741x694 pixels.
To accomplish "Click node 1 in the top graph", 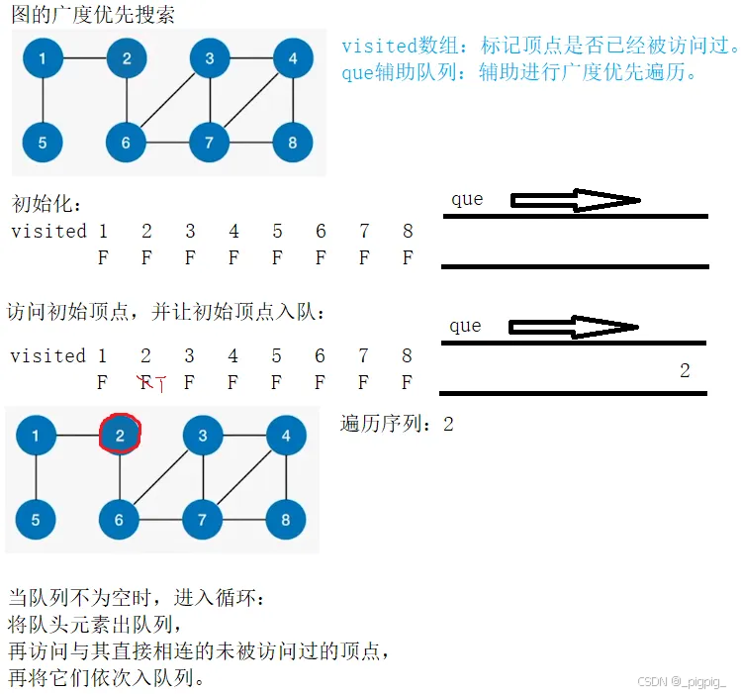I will click(43, 59).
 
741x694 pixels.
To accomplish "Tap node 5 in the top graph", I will click(43, 143).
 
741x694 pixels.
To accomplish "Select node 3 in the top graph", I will click(210, 59).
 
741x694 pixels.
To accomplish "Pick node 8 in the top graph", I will click(293, 143).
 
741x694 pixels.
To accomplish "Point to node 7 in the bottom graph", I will click(203, 519).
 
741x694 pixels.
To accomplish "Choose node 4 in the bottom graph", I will click(286, 436).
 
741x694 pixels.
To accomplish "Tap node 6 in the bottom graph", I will click(120, 519).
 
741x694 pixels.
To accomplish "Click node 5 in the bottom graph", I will click(37, 519).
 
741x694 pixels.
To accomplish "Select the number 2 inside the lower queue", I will click(685, 371).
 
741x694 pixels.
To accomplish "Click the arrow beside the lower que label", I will click(574, 327).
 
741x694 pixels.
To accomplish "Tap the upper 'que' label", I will click(467, 199).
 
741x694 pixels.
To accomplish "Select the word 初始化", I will click(46, 204).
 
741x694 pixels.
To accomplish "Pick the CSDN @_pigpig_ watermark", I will click(683, 681).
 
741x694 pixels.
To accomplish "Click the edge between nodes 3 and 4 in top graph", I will click(251, 59).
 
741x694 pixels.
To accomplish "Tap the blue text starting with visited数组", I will click(540, 46).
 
